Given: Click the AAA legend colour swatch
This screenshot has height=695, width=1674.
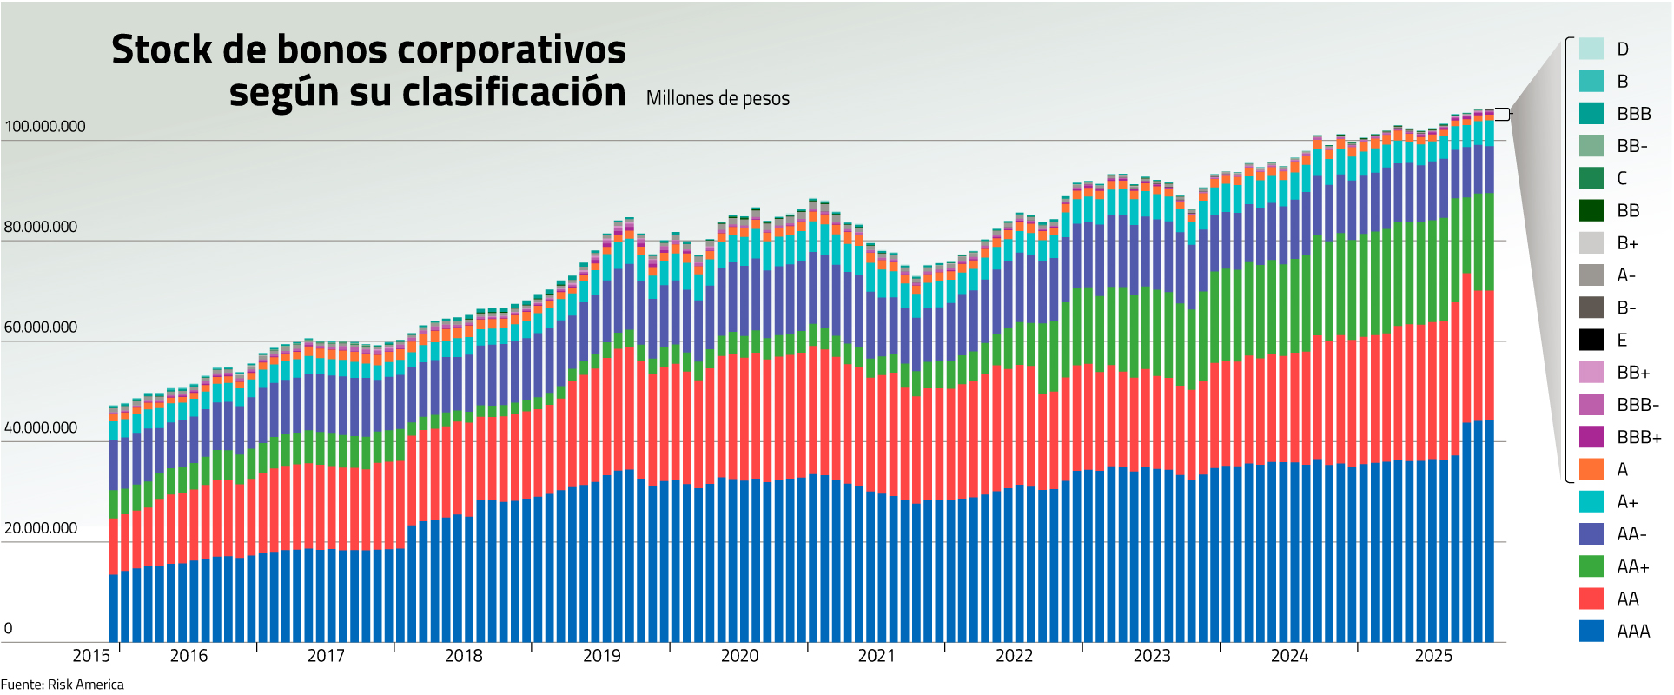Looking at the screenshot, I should coord(1591,632).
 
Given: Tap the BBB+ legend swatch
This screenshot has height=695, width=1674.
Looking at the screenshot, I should coord(1591,438).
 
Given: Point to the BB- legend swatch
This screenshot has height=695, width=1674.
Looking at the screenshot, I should coord(1591,146).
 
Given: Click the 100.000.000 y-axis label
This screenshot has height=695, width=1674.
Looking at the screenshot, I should coord(45,127).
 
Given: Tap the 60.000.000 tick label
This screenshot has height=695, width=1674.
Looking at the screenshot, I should coord(41,328).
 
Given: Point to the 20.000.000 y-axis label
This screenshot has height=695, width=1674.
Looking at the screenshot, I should coord(41,528).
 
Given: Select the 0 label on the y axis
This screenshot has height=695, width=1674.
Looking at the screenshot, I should coord(9,629).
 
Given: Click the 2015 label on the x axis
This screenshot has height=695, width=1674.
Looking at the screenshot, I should coord(91,656).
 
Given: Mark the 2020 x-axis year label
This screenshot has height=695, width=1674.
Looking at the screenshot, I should coord(739,656).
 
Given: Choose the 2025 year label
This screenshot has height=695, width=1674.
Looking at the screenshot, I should coord(1433,656).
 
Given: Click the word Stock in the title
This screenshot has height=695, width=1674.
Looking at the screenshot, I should coord(162,50).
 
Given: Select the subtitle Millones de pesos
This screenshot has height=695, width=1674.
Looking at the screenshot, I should coord(718,99).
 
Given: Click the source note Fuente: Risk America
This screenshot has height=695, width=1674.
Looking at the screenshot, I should coord(63,685).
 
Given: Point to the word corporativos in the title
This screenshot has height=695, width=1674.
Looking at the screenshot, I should coord(512,50).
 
